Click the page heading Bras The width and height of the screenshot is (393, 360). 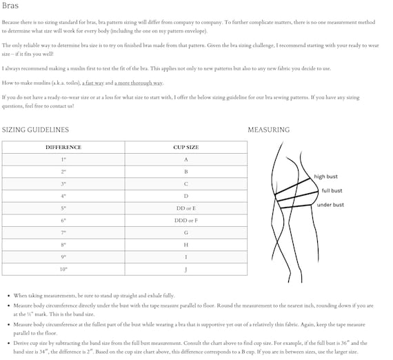(10, 6)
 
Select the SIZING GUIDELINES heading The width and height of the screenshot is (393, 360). (35, 130)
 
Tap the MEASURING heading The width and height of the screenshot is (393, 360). (268, 130)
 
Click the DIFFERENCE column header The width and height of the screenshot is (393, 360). (63, 147)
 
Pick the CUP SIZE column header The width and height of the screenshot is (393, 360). (185, 147)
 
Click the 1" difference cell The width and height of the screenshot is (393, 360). (63, 159)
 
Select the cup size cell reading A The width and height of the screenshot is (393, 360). (185, 159)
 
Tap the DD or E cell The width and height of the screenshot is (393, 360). (185, 208)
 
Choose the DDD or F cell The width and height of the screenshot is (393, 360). (185, 220)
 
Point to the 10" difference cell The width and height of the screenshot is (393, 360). (63, 269)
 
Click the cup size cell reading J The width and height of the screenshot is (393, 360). (185, 269)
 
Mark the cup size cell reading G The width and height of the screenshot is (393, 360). (185, 232)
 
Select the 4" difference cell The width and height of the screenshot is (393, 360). (63, 196)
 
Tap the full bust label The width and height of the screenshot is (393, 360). (332, 191)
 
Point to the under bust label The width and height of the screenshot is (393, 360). (330, 205)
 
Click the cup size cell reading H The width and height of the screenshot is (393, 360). (185, 245)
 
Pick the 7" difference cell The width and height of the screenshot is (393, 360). (63, 232)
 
